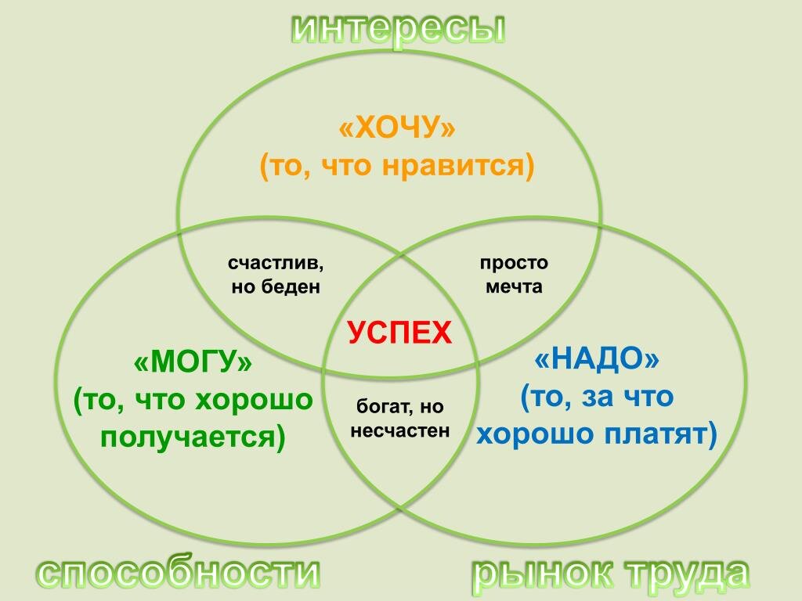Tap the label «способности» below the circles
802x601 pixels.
179,574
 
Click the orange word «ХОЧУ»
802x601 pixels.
396,128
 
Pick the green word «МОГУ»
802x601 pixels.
193,363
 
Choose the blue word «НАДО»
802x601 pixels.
597,360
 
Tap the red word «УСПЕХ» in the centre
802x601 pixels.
399,333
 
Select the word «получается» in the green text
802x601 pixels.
189,437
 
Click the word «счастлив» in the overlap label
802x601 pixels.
276,263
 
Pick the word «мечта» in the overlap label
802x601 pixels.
514,286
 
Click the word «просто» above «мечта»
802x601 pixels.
514,263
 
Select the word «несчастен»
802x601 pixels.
400,430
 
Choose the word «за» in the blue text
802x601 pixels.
593,397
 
